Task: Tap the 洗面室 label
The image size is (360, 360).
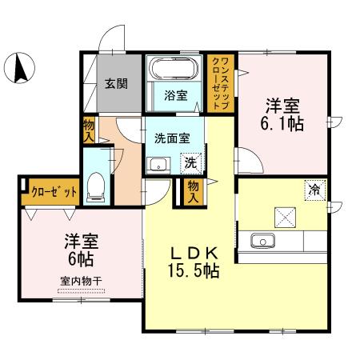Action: [x=172, y=138]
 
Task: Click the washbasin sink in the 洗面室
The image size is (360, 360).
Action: [x=158, y=166]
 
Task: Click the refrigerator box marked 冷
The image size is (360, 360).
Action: [x=314, y=190]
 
